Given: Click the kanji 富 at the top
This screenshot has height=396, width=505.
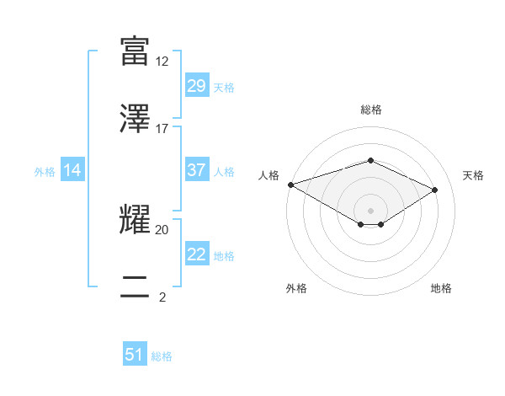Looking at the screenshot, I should click(135, 51).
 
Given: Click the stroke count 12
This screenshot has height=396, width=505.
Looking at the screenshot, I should click(162, 62).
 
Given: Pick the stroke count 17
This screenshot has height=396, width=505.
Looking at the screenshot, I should click(162, 129).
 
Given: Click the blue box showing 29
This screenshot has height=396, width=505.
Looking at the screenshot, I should click(196, 86).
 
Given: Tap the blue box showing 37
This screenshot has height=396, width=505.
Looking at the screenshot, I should click(196, 170).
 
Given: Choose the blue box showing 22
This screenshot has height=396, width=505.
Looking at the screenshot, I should click(196, 254).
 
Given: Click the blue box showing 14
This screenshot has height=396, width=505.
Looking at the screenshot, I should click(72, 171).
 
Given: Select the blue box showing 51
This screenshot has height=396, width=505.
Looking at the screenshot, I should click(135, 355).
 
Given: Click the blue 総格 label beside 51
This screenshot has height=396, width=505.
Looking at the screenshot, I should click(162, 356).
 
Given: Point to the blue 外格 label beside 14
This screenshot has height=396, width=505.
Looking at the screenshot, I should click(45, 172).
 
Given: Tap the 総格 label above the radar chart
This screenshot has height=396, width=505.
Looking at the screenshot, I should click(371, 110).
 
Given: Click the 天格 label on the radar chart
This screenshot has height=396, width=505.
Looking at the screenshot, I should click(473, 175).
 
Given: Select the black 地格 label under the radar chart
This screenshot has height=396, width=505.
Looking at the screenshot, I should click(441, 288).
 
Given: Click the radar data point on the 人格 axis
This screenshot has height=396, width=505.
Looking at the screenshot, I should click(290, 185).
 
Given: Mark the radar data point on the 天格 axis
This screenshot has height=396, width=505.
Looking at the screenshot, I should click(435, 190).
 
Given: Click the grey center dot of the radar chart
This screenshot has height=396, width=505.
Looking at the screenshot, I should click(370, 210).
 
